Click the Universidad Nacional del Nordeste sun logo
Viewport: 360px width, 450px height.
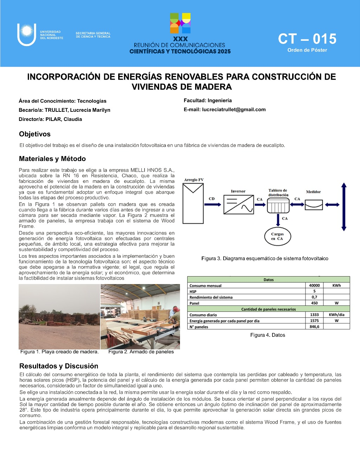27,34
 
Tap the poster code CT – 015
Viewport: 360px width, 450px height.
307,39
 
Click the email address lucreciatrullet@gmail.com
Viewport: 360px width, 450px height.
234,110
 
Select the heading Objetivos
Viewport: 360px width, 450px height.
35,134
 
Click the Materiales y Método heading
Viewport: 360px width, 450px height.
52,159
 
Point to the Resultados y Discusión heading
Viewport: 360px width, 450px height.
59,366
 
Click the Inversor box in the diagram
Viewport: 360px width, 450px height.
239,205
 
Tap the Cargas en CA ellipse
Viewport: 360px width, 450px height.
277,236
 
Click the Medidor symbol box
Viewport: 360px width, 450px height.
314,204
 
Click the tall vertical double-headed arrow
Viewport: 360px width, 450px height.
344,206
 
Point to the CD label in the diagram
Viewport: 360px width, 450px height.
212,199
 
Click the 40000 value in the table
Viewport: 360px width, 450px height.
314,285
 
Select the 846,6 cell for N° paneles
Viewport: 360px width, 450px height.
314,327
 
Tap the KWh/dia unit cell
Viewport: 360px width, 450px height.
336,315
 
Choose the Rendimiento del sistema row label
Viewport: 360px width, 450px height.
211,297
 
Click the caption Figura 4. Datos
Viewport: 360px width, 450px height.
268,335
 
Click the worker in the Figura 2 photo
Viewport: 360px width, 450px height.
173,313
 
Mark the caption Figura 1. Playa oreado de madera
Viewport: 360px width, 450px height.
59,352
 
